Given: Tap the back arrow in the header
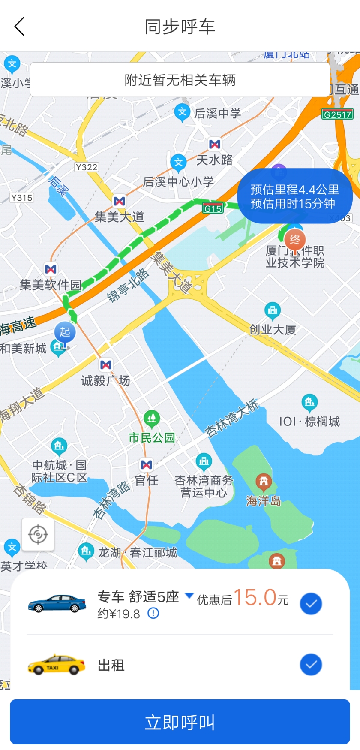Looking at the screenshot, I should (19, 27).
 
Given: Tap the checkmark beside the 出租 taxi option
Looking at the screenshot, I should (311, 665).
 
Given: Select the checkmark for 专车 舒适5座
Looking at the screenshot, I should (311, 603).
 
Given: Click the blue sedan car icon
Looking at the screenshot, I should (57, 603).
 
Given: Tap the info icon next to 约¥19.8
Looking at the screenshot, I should (153, 614).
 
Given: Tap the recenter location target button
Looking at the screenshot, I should (38, 534).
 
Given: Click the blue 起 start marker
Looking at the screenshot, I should (65, 332).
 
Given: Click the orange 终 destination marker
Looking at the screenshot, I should (295, 240).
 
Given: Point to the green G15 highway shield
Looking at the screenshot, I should (213, 209).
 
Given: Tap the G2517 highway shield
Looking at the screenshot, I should (337, 114).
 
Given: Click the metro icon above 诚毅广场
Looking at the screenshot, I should (106, 365).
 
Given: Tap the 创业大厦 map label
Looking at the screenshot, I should (273, 330).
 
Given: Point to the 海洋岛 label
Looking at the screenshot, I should (263, 500).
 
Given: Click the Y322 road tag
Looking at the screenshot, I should (87, 167).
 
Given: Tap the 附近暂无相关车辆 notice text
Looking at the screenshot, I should (180, 80).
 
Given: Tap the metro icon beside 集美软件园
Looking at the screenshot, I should (51, 269).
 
